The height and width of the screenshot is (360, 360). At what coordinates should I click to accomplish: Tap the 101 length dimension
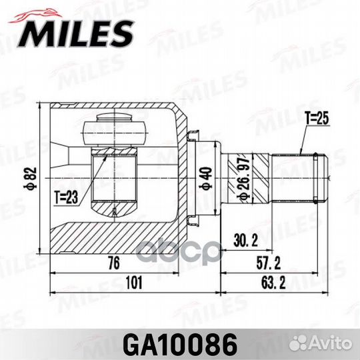[135, 283]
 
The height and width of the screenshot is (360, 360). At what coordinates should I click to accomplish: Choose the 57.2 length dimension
[271, 261]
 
